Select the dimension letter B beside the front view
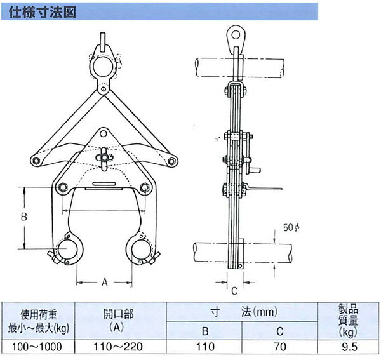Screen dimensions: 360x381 click(23, 217)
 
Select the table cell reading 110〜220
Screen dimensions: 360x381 click(121, 347)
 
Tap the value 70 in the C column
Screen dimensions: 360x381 click(280, 347)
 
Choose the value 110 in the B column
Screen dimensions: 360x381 click(204, 347)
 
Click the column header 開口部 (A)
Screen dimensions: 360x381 click(121, 321)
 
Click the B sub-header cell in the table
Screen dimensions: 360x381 click(204, 330)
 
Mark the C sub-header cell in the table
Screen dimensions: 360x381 click(280, 330)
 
